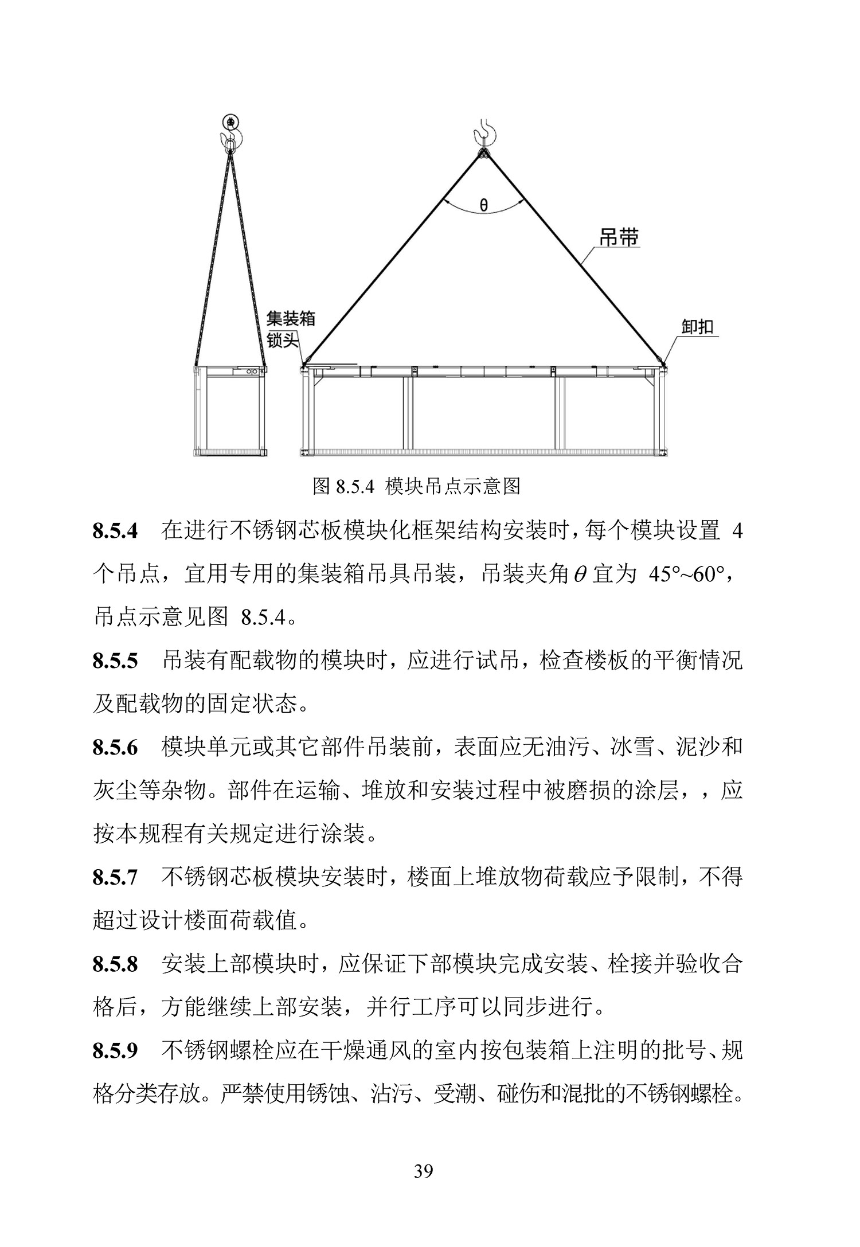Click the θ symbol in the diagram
click(484, 205)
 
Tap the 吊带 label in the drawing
click(619, 237)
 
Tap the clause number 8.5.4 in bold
click(115, 531)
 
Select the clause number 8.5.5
click(115, 661)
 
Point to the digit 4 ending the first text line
click(737, 531)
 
